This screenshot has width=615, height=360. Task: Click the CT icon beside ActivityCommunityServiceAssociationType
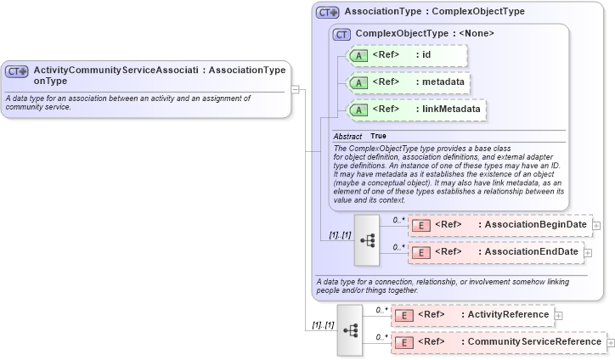[x=17, y=71]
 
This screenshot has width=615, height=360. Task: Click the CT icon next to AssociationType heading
[x=327, y=13]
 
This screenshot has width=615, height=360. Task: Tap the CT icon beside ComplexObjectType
[x=341, y=34]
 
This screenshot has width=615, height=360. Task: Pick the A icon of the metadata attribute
[x=358, y=82]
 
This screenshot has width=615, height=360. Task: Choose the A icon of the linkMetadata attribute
[x=358, y=110]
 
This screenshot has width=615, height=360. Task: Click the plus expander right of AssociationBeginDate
[x=596, y=226]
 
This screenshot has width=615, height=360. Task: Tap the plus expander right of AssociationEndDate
[x=588, y=253]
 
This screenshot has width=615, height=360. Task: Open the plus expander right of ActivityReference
[x=558, y=316]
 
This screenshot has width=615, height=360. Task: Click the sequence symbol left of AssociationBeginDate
[x=367, y=239]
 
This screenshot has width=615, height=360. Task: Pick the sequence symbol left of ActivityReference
[x=350, y=329]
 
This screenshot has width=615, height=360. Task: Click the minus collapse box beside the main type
[x=295, y=87]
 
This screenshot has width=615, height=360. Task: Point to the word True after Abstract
[x=378, y=136]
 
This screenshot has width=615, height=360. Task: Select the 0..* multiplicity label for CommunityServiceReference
[x=381, y=336]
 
